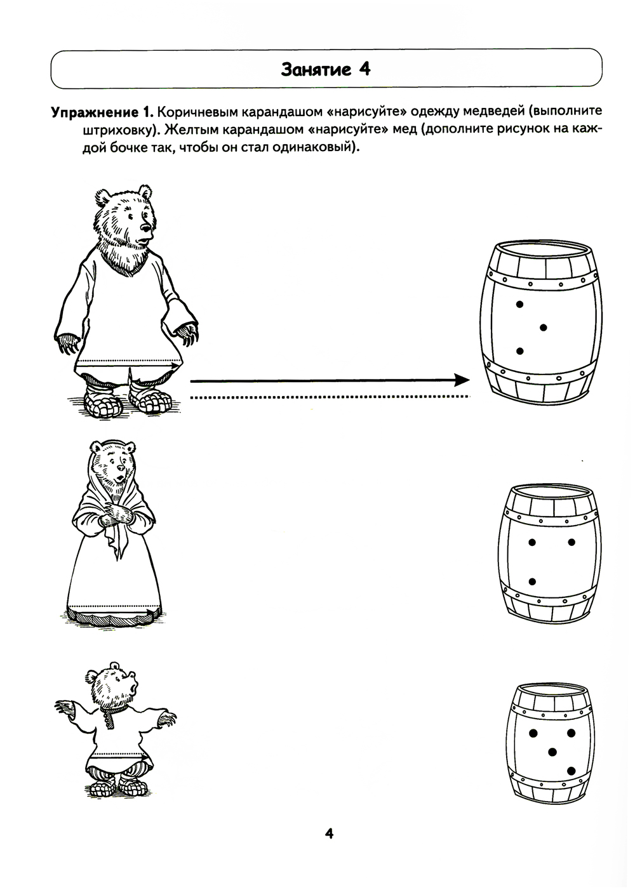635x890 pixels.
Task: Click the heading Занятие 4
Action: (x=326, y=70)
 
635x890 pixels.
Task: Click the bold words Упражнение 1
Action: (x=102, y=113)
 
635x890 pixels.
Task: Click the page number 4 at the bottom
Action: (x=329, y=833)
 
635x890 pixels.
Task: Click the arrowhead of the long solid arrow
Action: (x=462, y=380)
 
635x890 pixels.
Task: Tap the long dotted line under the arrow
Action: (x=330, y=397)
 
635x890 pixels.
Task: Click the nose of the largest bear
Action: (x=145, y=229)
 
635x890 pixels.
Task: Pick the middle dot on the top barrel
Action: (x=543, y=328)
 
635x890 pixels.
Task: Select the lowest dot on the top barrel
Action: (x=519, y=351)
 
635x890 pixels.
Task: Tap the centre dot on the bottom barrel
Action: (x=552, y=752)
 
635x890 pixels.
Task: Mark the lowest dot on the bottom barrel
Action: (x=571, y=771)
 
